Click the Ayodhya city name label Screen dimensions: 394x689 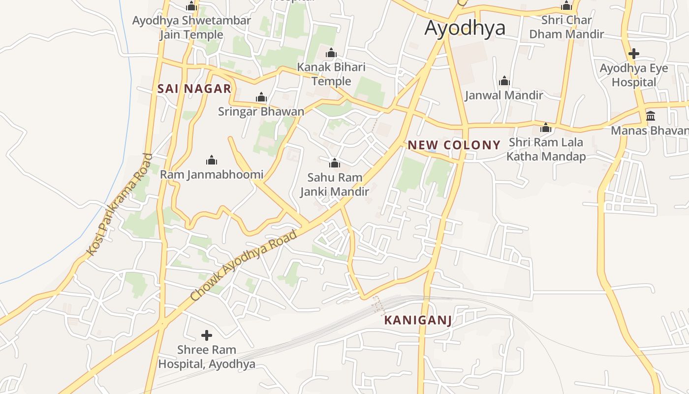click(465, 28)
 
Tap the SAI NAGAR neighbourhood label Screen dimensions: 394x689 click(194, 89)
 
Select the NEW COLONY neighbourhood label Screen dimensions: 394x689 click(454, 145)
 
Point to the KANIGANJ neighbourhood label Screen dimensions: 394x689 click(418, 320)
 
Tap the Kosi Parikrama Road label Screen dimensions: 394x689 click(120, 205)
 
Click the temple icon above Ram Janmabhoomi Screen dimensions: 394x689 click(212, 160)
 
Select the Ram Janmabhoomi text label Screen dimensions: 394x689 click(212, 174)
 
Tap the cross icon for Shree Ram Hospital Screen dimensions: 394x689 click(207, 335)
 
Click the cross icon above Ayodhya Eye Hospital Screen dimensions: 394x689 click(634, 54)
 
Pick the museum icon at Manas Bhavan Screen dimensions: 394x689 click(651, 116)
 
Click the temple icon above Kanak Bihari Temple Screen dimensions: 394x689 click(331, 53)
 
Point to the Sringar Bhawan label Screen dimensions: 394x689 click(261, 111)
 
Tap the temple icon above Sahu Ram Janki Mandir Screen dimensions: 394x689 click(335, 163)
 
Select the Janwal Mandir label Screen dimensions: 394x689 click(504, 95)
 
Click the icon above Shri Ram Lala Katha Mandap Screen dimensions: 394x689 click(545, 129)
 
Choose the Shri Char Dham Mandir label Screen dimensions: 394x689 click(566, 27)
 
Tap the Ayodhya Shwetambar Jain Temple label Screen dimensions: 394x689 click(191, 28)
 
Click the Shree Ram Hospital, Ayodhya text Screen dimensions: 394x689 click(207, 357)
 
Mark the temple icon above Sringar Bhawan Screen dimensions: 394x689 click(261, 98)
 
